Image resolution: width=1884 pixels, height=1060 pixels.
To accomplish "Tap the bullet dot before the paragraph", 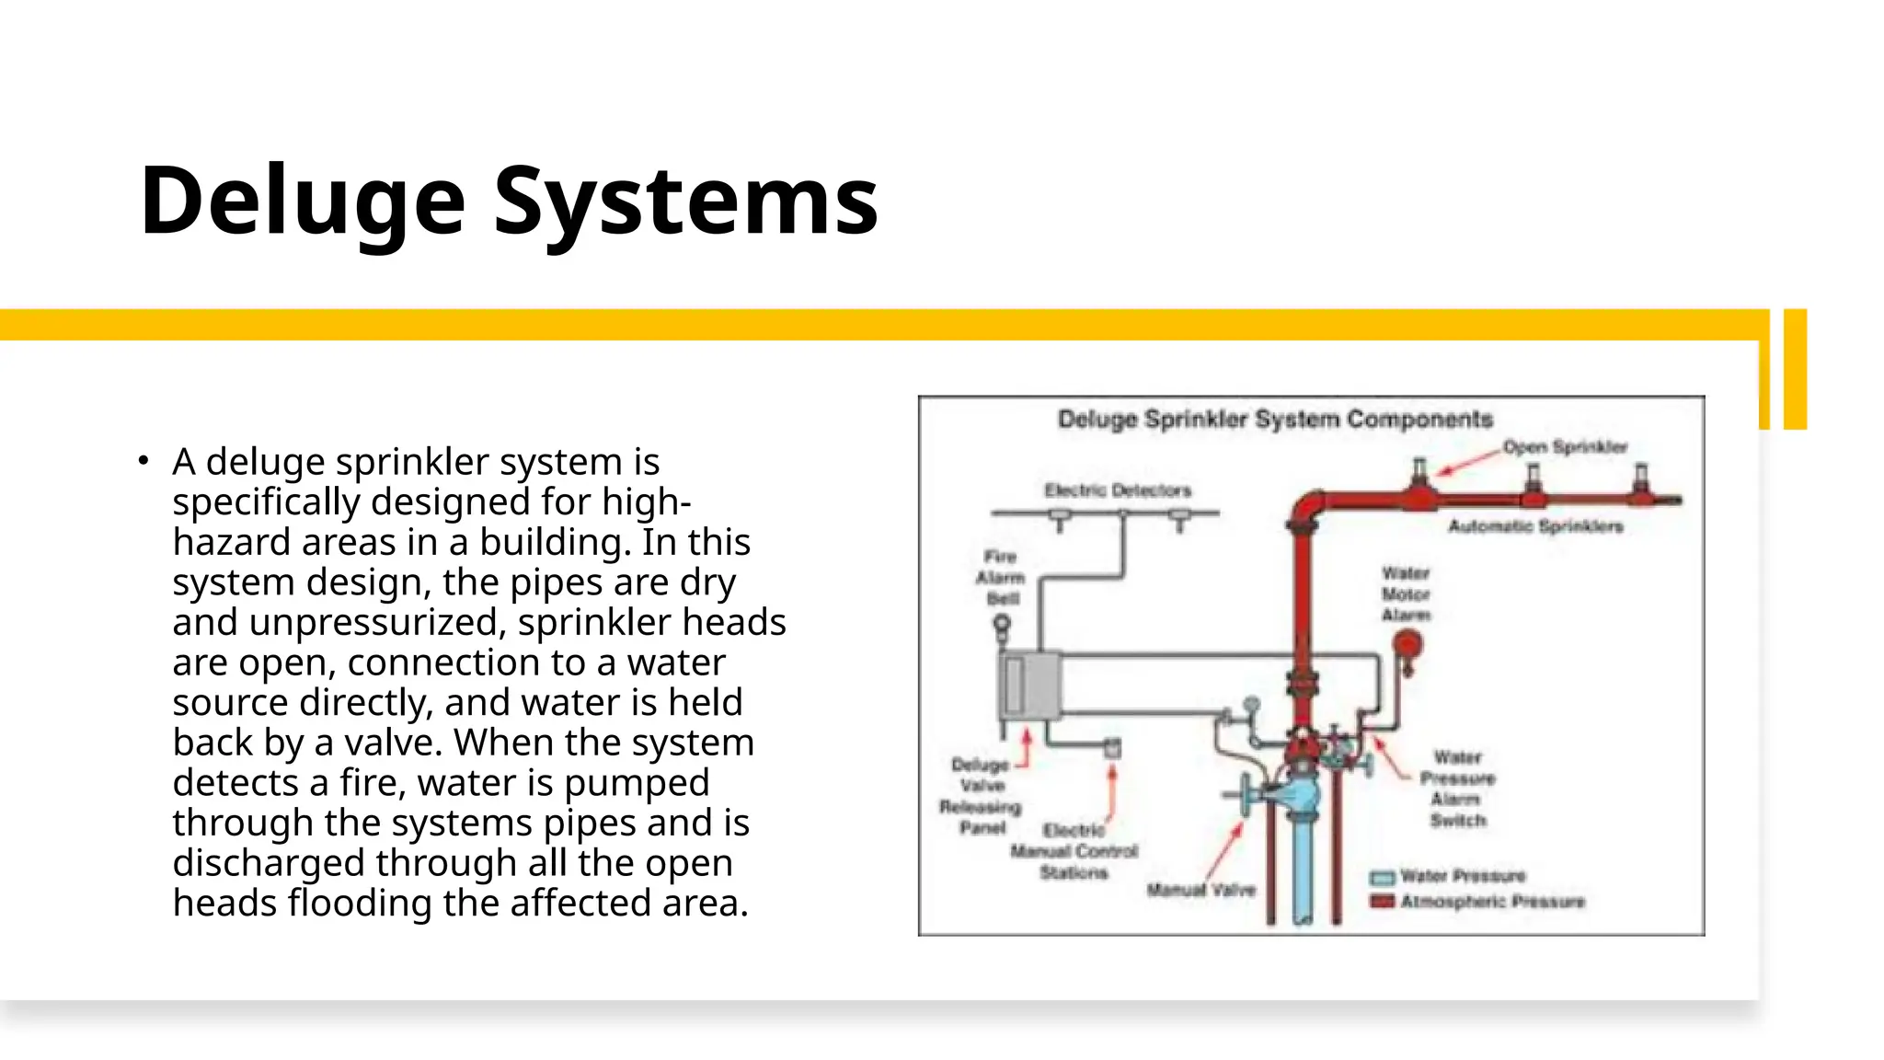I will click(x=143, y=460).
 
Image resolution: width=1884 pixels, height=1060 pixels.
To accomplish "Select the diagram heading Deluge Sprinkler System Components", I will click(x=1274, y=420).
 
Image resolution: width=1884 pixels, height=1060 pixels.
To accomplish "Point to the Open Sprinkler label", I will click(x=1565, y=447).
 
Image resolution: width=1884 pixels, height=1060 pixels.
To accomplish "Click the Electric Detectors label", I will click(x=1117, y=490).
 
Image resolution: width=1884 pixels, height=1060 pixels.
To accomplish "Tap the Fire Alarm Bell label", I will click(x=1001, y=578).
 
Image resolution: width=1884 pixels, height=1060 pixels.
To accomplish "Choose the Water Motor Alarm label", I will click(x=1406, y=594).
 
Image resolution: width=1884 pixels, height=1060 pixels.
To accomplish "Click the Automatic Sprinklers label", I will click(x=1535, y=526).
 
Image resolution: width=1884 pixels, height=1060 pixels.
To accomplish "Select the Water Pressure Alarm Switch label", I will click(x=1457, y=789).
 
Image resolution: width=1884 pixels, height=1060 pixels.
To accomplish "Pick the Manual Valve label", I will click(x=1200, y=890).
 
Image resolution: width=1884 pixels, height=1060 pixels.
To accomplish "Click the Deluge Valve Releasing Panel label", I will click(x=981, y=796).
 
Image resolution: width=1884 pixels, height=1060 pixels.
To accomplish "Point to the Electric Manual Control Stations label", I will click(x=1074, y=851).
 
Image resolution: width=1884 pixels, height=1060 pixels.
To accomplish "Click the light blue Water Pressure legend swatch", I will click(x=1383, y=877).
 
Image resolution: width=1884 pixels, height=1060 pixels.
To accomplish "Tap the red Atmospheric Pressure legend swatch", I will click(x=1383, y=902).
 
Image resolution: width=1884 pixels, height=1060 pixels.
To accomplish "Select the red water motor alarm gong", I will click(x=1407, y=644).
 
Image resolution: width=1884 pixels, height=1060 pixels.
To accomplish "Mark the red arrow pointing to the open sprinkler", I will click(x=1467, y=463).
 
